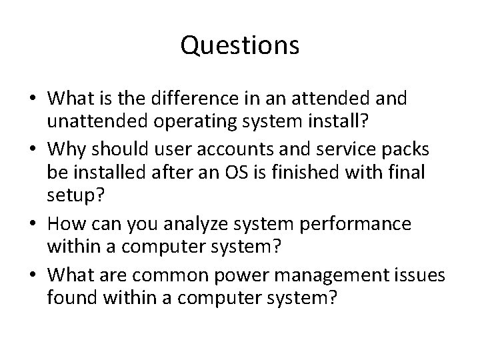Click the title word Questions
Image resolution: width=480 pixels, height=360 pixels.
pos(240,46)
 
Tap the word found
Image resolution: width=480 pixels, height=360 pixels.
pos(69,296)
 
